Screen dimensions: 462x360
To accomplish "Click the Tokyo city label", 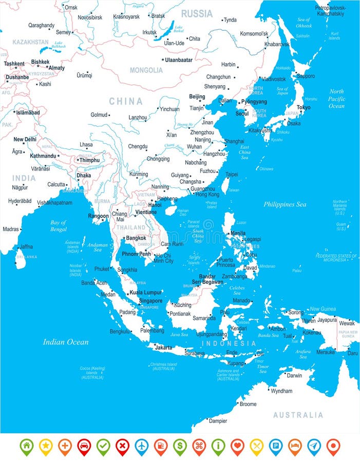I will (304, 107).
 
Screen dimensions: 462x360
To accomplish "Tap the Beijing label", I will (197, 97).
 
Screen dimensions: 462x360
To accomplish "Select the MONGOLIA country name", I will (146, 70).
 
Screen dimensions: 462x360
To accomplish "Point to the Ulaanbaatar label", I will (179, 60).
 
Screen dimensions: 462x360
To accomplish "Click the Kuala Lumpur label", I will (145, 292).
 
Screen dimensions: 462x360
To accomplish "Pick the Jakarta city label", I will (163, 348).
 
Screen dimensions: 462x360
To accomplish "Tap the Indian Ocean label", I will (66, 342).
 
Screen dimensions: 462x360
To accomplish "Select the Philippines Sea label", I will (285, 204).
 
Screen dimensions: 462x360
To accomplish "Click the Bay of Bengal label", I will (58, 225).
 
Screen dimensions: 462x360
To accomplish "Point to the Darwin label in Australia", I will (294, 375).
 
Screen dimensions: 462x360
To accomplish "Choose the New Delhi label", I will (25, 139).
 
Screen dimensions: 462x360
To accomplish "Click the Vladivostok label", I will (274, 79).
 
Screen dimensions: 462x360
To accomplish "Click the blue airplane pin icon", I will (142, 446).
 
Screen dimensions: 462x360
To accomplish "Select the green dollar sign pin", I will (180, 446).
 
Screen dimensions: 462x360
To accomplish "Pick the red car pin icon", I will (84, 446).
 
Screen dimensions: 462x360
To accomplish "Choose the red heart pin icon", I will (237, 446).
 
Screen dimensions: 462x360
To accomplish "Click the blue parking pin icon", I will (276, 446).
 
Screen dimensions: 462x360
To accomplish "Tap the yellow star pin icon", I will (46, 446).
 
